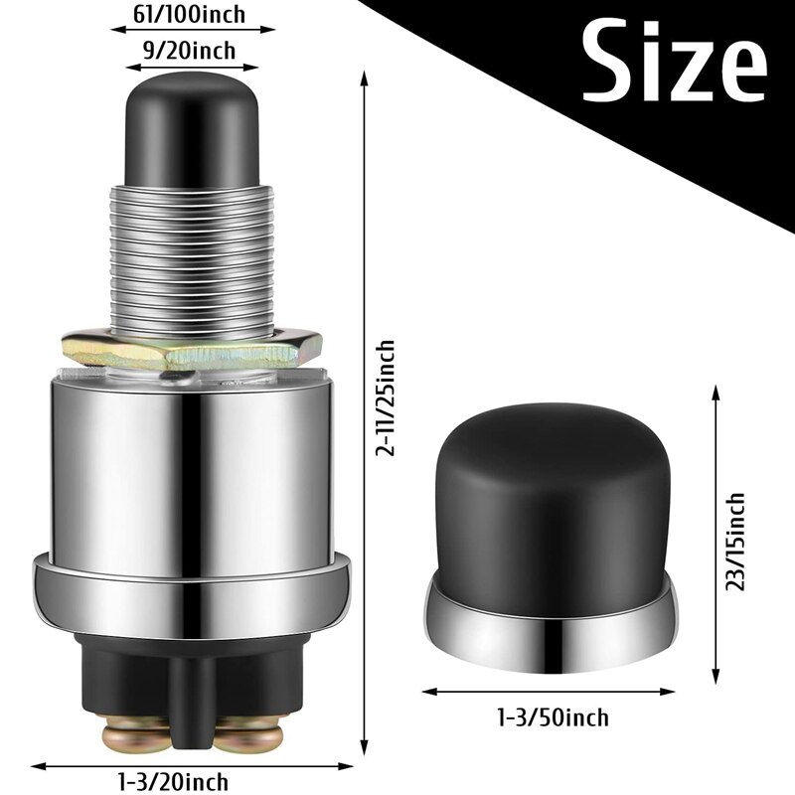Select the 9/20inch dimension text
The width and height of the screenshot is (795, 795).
click(192, 50)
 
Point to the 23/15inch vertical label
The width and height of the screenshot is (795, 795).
click(736, 542)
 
